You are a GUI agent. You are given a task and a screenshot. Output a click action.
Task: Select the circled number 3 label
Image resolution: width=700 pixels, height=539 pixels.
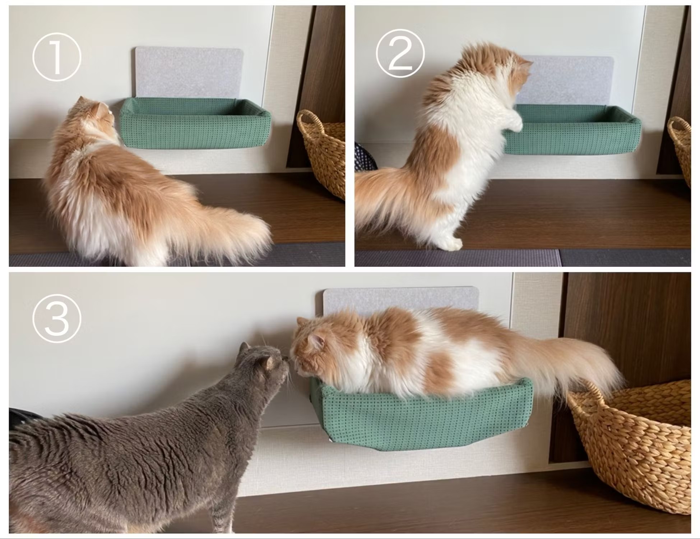click(57, 319)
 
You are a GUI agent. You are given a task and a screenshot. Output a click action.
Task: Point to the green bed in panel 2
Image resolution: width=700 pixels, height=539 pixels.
click(571, 129)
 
